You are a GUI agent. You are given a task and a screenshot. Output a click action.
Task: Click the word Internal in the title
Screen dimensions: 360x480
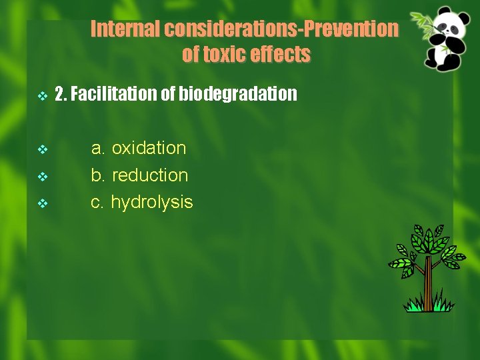125,29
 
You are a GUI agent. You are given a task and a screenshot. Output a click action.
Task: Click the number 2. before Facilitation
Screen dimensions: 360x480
61,95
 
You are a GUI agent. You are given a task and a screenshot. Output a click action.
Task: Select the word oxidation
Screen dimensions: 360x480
149,148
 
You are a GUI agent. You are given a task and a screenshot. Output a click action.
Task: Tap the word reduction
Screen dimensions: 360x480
150,175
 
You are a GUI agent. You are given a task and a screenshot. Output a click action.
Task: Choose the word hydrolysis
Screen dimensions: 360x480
151,202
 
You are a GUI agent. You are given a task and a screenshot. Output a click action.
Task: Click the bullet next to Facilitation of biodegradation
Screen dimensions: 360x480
42,96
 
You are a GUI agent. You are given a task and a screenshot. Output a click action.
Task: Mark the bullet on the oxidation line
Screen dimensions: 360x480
42,149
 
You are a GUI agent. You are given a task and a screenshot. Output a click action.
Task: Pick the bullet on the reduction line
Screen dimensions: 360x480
42,177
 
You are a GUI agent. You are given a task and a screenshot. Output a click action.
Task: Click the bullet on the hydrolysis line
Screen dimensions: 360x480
42,203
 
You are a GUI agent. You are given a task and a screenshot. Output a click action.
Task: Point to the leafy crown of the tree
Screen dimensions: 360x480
427,247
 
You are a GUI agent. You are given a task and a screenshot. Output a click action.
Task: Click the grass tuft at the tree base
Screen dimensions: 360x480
428,305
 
